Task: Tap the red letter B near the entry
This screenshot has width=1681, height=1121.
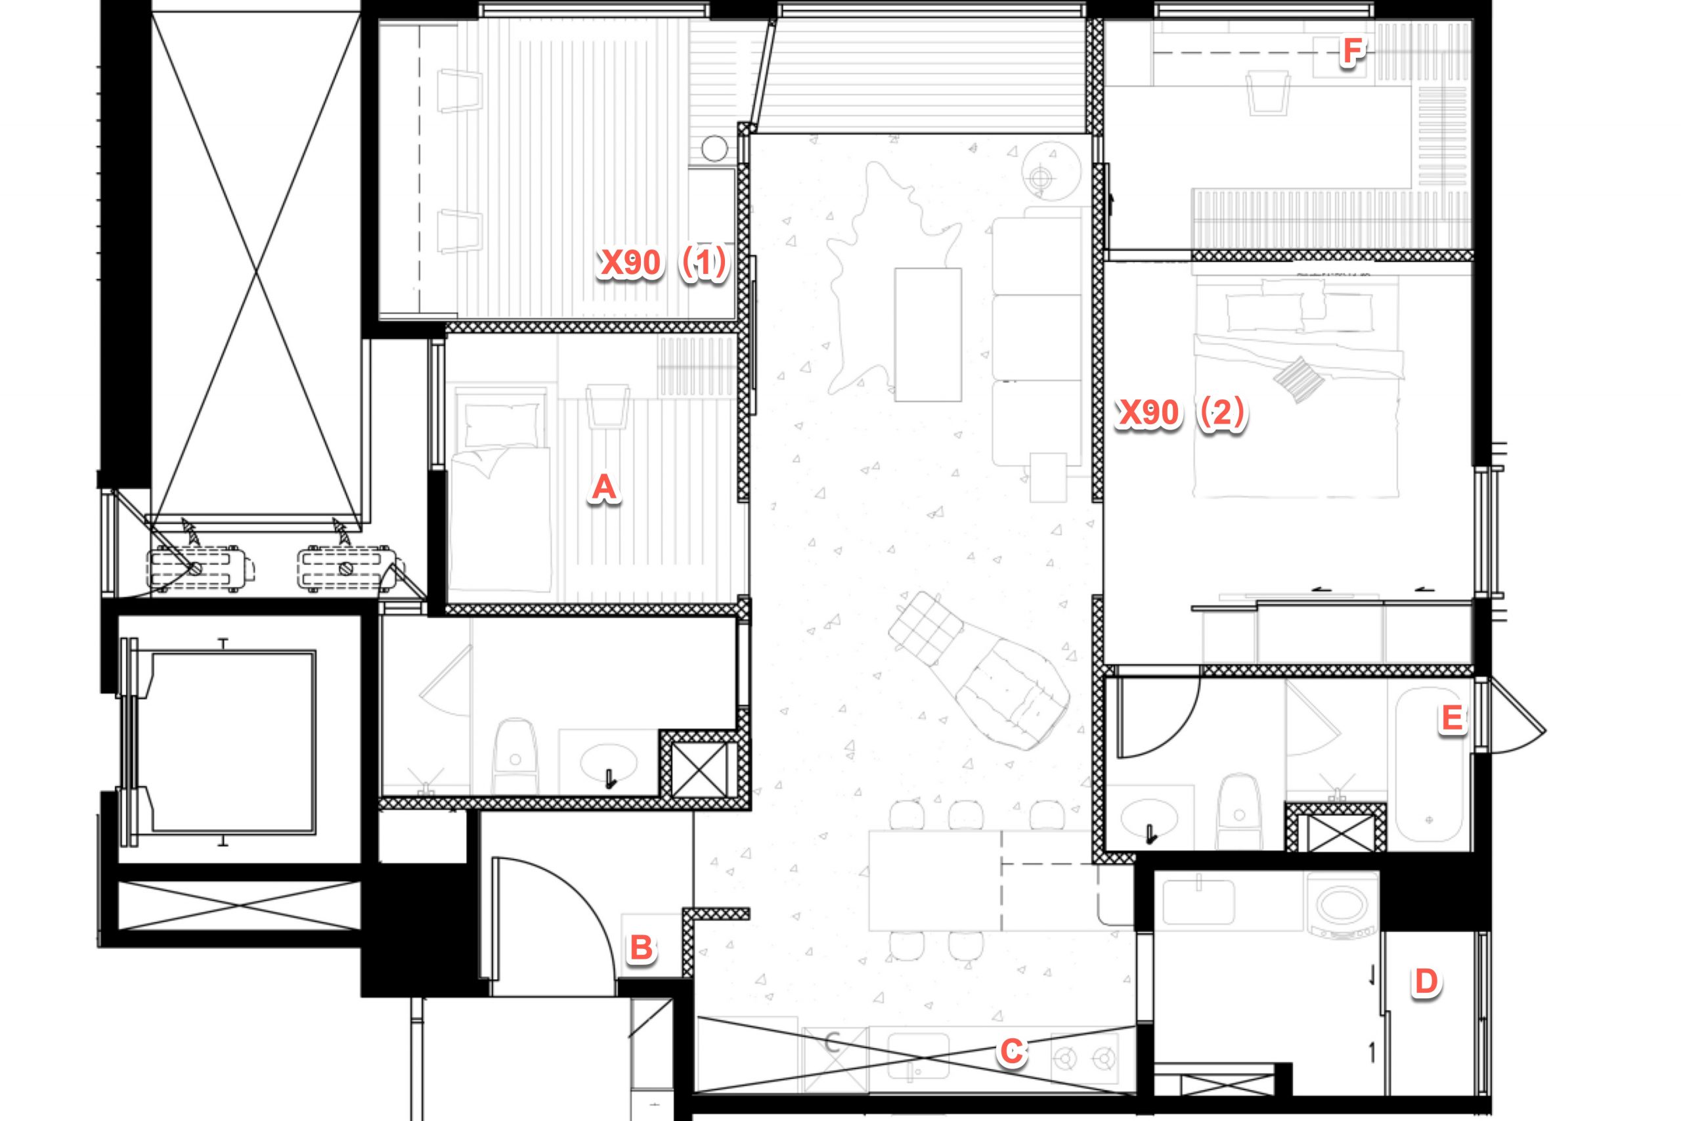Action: [x=641, y=948]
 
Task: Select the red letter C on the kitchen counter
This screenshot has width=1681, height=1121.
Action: [x=1011, y=1051]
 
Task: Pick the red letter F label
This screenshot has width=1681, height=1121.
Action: [x=1351, y=51]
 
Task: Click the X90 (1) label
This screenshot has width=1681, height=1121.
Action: [x=663, y=263]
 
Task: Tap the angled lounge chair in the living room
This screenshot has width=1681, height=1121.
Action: [x=979, y=670]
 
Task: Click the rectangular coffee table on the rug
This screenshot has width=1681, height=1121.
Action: [x=927, y=334]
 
